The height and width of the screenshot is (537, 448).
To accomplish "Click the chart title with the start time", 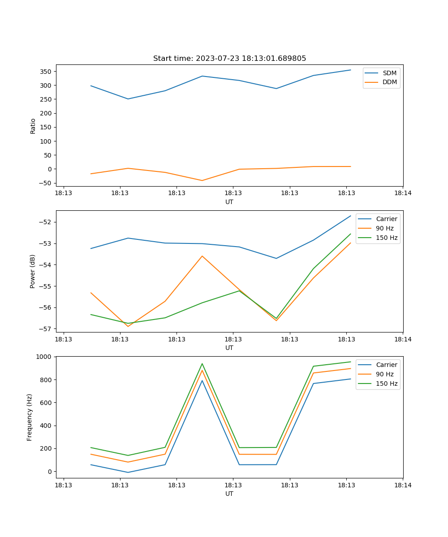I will [229, 59].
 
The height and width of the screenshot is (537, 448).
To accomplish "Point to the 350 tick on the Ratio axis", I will [46, 72].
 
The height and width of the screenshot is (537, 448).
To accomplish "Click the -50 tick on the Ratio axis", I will [46, 183].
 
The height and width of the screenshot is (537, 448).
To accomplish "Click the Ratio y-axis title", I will [33, 126].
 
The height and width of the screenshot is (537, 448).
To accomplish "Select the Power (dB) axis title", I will [33, 271].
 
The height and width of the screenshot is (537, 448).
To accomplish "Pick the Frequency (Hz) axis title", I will [30, 417].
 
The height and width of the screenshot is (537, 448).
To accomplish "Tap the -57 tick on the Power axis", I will [47, 329].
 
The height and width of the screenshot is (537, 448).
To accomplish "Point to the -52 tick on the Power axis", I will [47, 222].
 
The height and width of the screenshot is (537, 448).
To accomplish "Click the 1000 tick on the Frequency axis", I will [45, 357].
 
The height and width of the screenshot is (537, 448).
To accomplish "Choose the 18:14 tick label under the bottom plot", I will [402, 485].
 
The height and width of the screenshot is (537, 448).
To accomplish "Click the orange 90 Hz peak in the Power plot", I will [202, 256].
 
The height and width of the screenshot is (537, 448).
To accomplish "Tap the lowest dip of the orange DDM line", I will [202, 180].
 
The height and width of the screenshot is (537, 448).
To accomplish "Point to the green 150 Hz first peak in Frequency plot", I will [202, 363].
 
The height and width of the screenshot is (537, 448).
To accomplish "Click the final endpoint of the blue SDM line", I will [350, 70].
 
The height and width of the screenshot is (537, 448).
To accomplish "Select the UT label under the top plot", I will [229, 202].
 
